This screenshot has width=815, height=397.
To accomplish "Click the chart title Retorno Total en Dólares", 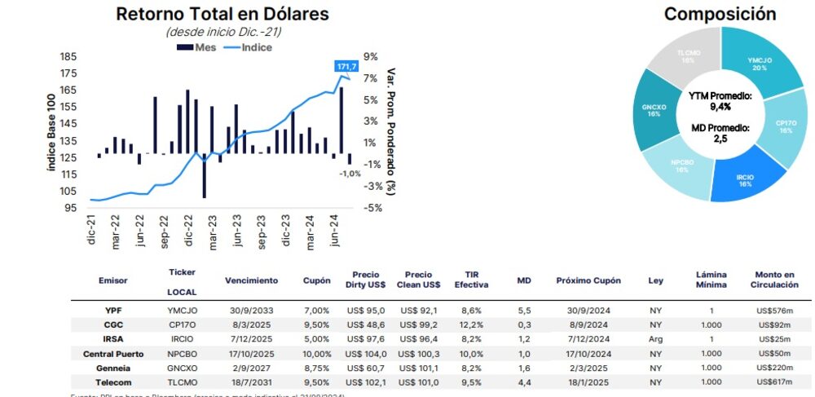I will (222, 14).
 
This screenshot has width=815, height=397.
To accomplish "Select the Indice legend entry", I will (247, 47).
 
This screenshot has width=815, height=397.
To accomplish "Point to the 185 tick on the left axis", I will (68, 56).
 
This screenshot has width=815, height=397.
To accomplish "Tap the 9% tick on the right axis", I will (371, 56).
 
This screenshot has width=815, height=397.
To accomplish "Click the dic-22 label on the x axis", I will (190, 236).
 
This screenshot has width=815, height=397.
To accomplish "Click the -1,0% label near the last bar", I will (350, 174).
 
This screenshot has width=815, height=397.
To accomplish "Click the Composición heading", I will (720, 14).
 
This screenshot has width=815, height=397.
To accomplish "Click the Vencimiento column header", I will (251, 280).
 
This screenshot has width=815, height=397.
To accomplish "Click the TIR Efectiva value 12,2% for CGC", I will (471, 324).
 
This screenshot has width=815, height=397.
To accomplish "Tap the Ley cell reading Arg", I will (656, 339).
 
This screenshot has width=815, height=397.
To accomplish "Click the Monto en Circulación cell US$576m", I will (774, 311).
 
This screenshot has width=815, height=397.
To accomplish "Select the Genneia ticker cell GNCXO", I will (182, 368).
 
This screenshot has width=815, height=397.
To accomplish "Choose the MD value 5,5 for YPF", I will (525, 311).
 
